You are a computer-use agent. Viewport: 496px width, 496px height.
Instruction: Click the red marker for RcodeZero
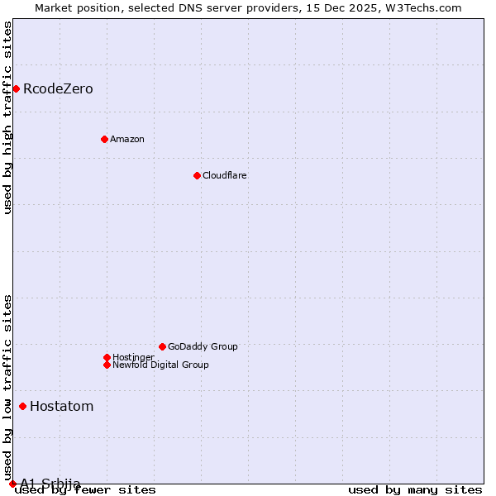click(x=16, y=88)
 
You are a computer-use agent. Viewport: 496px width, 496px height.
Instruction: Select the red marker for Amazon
click(x=104, y=139)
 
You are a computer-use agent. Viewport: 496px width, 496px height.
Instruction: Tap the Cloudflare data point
click(x=197, y=175)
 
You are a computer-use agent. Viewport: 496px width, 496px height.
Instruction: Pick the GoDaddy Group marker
click(x=162, y=346)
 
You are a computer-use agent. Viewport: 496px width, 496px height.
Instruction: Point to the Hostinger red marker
click(x=107, y=357)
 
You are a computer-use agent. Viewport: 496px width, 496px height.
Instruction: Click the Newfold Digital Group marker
click(x=107, y=365)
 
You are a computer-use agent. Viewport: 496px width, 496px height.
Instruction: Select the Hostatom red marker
click(x=22, y=406)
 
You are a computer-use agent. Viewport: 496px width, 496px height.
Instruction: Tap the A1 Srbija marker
click(x=12, y=484)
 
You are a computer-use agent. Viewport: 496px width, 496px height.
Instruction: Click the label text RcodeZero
click(x=58, y=88)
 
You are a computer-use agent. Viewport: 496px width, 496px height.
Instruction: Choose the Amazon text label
click(x=127, y=139)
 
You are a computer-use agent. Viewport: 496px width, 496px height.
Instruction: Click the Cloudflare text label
click(x=225, y=175)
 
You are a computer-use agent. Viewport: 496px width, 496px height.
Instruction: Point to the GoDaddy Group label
click(x=203, y=346)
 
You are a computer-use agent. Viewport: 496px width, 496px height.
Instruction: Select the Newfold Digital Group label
click(x=160, y=365)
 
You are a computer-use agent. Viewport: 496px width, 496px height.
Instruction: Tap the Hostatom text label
click(x=61, y=406)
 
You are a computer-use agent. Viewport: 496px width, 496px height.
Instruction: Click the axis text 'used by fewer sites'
click(x=85, y=490)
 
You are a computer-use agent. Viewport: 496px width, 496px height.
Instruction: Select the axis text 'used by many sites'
click(x=415, y=490)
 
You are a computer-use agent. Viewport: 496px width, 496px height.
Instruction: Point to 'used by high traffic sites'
click(x=7, y=117)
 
